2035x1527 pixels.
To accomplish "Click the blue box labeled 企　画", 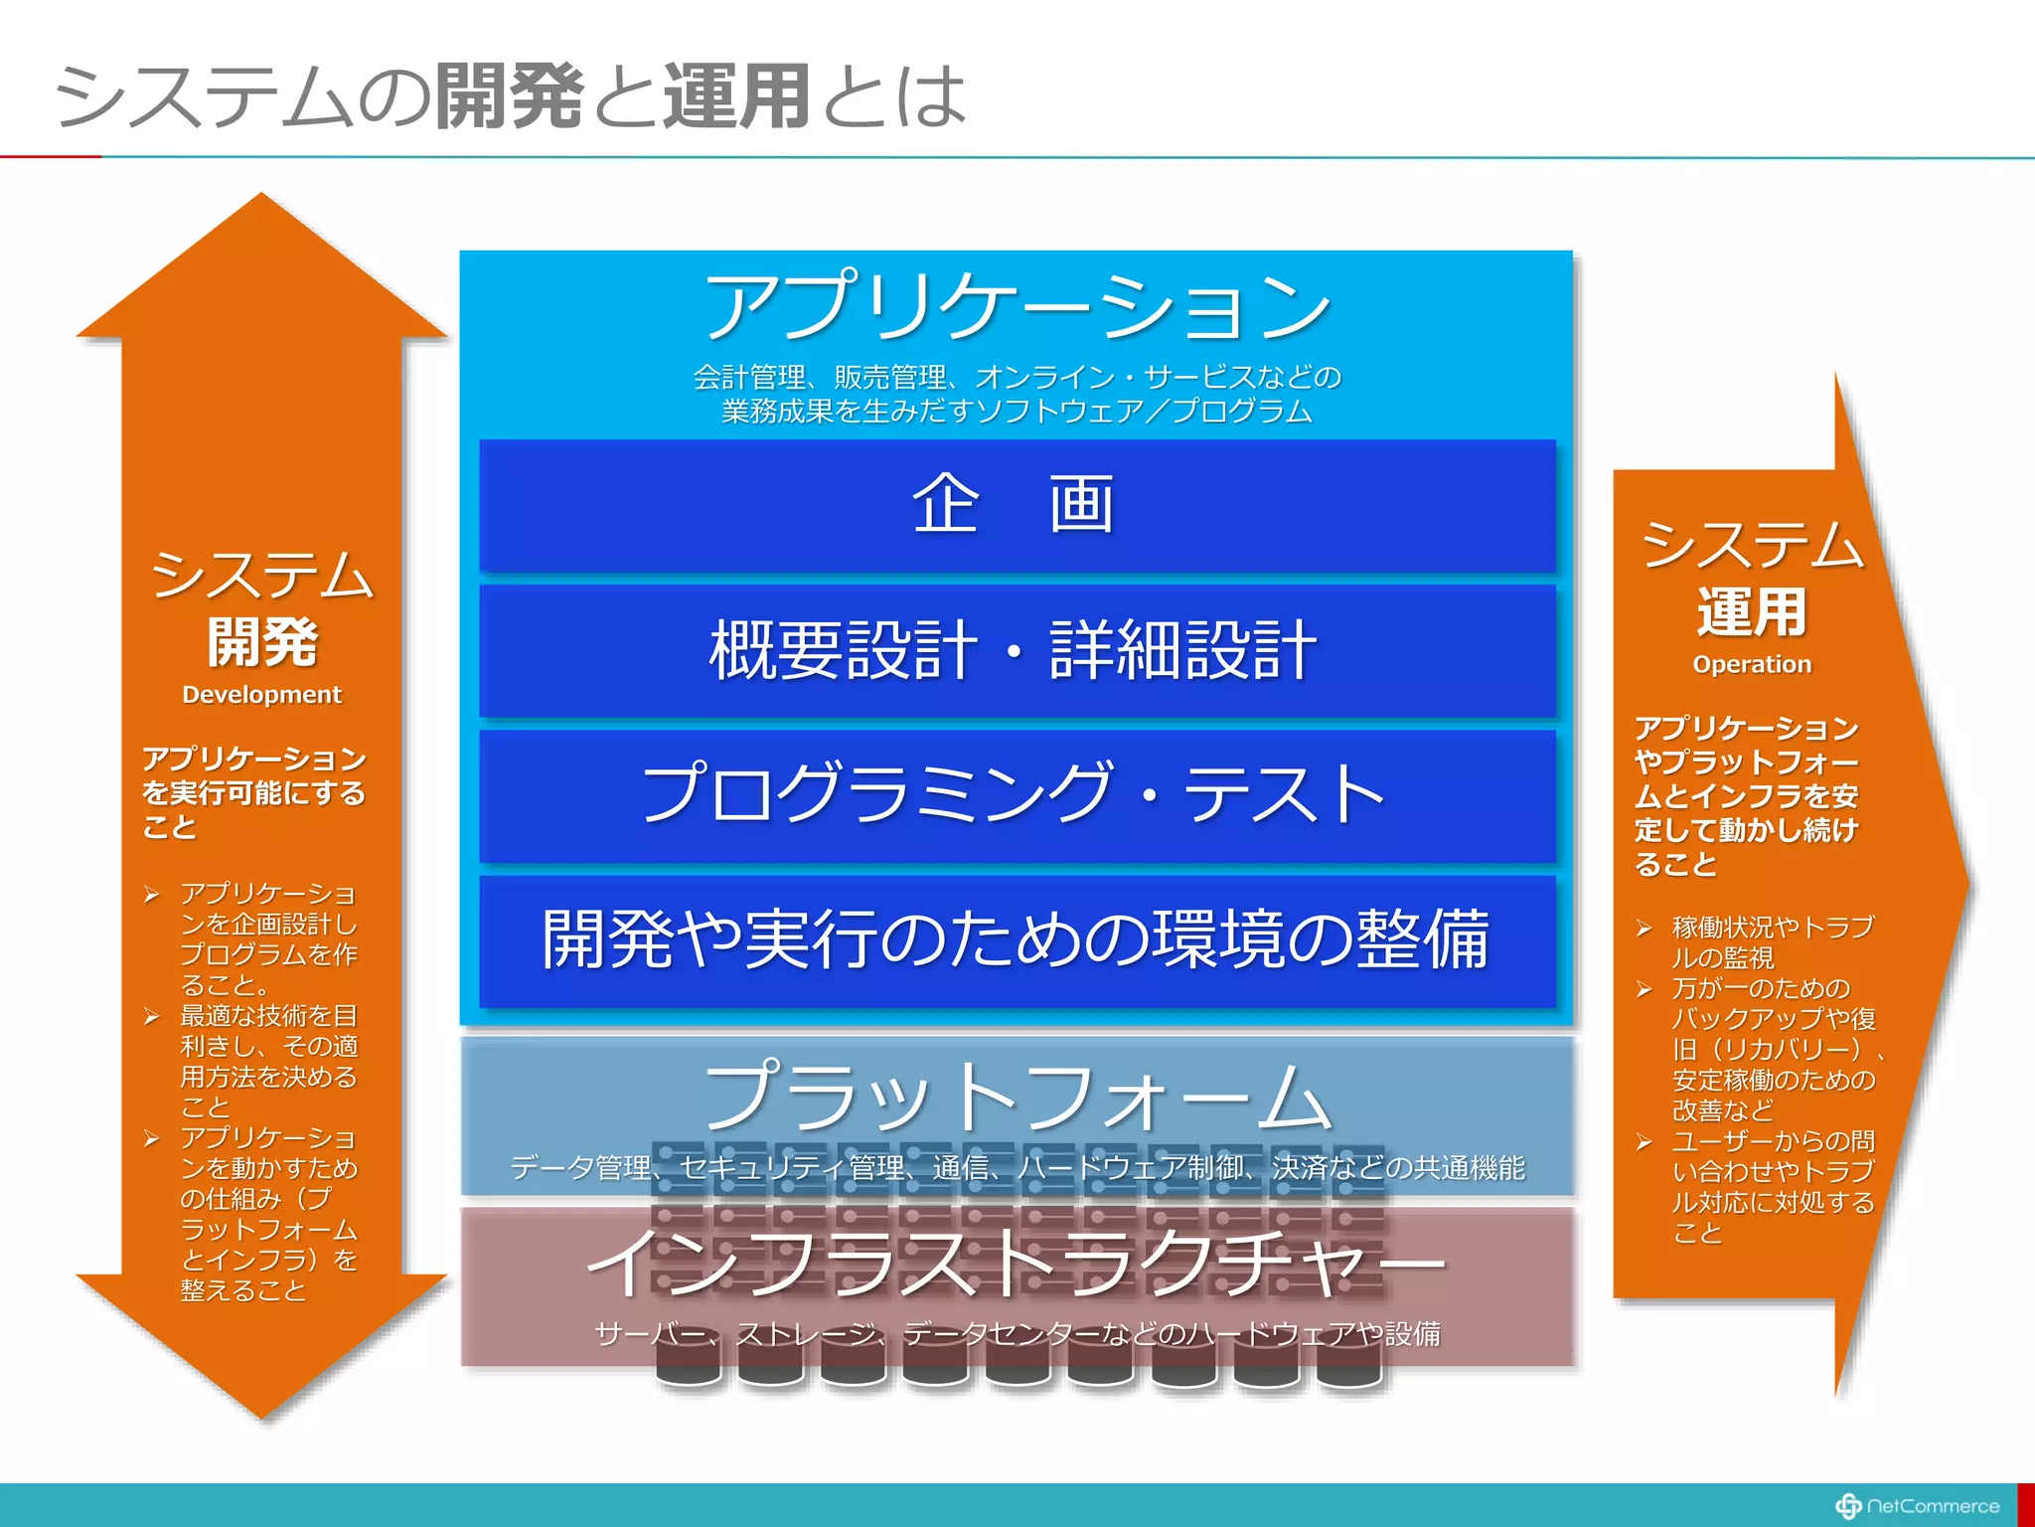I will click(x=1016, y=505).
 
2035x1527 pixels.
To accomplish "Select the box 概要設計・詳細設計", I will click(x=1016, y=650).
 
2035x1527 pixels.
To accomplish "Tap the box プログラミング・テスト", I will click(x=1016, y=795).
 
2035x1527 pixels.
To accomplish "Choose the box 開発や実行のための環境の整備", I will click(x=1016, y=940).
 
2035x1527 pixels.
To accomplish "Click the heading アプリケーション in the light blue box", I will click(x=1016, y=306).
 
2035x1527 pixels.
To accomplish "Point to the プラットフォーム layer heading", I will click(x=1016, y=1097).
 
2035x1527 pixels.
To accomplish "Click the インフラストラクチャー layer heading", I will click(x=1016, y=1263).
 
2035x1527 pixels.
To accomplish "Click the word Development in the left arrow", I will click(x=261, y=695).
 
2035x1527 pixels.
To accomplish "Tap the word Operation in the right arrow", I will click(x=1752, y=664).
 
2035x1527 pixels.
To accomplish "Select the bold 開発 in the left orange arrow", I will click(x=261, y=642).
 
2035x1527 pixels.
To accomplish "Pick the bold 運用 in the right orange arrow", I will click(x=1752, y=611).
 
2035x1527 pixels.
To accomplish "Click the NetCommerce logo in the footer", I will click(x=1917, y=1506).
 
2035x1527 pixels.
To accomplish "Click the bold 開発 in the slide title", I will click(x=510, y=96).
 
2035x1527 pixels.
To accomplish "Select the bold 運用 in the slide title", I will click(x=736, y=96).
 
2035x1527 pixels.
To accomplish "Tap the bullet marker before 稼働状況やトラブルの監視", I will click(x=1644, y=929).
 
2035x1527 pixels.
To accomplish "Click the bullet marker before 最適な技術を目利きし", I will click(x=152, y=1017).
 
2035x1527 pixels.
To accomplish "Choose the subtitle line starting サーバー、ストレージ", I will click(x=1016, y=1334).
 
